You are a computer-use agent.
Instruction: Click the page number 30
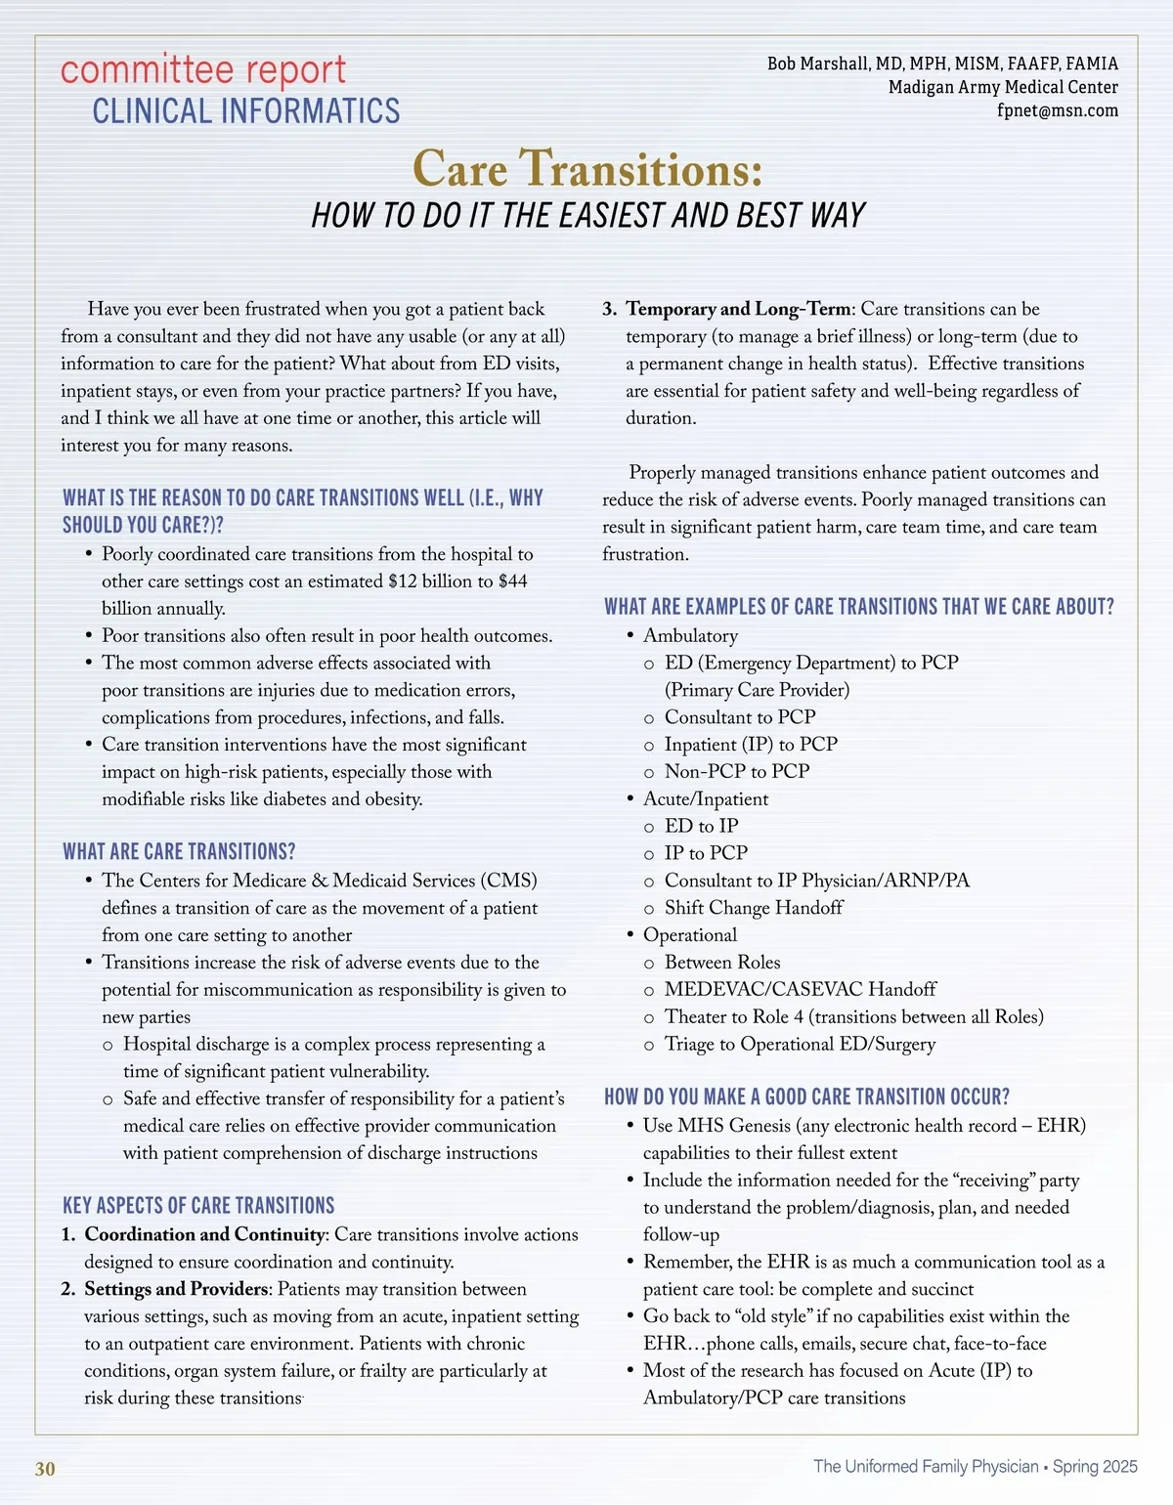tap(45, 1469)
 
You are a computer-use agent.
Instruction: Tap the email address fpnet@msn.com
tap(1057, 110)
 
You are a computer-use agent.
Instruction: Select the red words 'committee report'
tap(203, 70)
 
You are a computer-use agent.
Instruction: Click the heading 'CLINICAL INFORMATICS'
tap(246, 111)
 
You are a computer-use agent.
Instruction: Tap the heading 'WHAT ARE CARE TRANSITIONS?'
tap(179, 851)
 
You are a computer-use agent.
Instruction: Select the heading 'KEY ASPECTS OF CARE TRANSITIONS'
tap(198, 1205)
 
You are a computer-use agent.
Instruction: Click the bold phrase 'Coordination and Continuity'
tap(204, 1234)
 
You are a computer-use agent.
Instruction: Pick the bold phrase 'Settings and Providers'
tap(176, 1289)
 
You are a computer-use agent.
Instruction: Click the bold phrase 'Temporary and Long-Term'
tap(739, 309)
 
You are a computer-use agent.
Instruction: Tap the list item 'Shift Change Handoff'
tap(753, 908)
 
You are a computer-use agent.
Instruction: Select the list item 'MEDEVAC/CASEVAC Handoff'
tap(800, 989)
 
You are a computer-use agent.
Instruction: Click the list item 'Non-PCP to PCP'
tap(736, 771)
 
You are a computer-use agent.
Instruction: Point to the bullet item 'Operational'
tap(689, 935)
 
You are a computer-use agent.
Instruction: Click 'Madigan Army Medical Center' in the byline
tap(1003, 87)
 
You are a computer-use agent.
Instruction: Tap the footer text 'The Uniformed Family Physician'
tap(926, 1466)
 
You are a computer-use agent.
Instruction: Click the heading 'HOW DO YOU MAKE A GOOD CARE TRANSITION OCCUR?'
tap(806, 1096)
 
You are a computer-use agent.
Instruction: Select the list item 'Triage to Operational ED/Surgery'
tap(800, 1044)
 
